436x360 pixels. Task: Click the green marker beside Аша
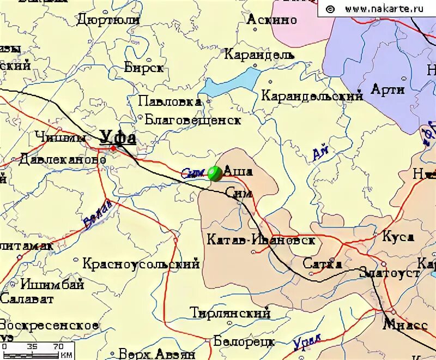pos(215,173)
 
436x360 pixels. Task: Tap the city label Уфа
pos(118,137)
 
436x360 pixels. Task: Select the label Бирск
pos(144,68)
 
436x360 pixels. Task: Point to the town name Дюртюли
pos(108,20)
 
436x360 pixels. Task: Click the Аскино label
pos(272,20)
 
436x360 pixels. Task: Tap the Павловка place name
pos(169,101)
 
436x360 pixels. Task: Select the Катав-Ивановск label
pos(262,240)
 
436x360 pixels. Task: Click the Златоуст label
pos(389,272)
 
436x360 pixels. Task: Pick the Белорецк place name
pos(244,341)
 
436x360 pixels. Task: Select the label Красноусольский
pos(141,264)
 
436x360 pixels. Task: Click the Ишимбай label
pos(52,284)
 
